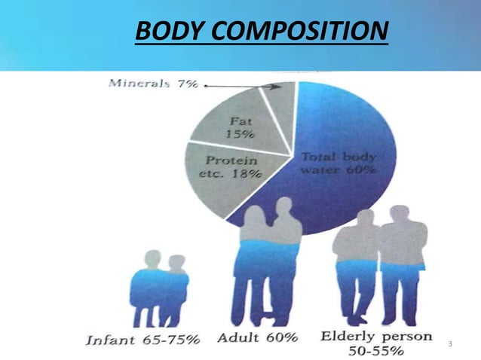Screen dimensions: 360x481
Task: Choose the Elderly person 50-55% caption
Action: pos(377,343)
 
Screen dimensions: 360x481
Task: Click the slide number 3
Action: pos(449,344)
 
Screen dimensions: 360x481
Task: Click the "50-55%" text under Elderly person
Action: pos(376,350)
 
